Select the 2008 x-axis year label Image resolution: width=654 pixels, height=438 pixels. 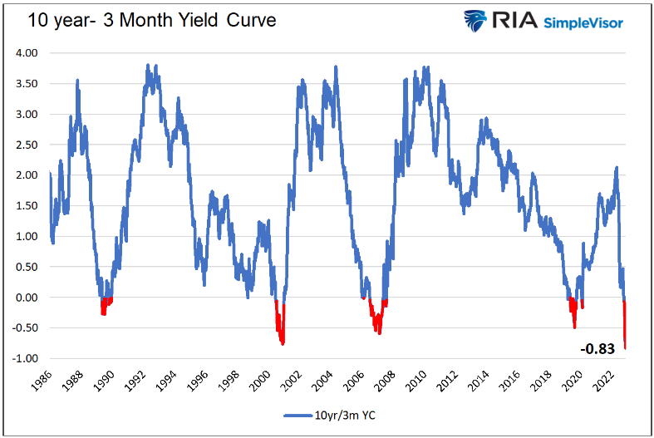click(381, 380)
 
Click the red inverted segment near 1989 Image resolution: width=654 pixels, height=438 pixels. click(105, 304)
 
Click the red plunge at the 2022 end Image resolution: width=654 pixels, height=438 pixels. click(624, 328)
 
